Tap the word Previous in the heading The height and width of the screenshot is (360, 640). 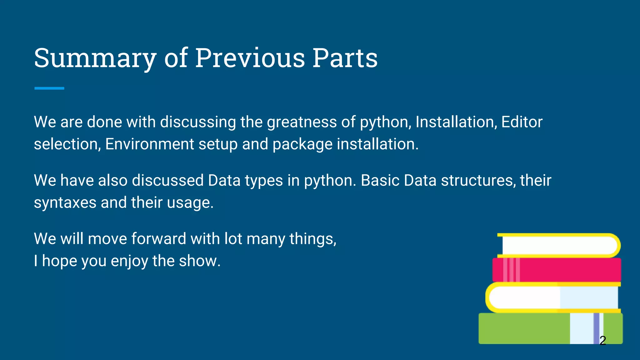pyautogui.click(x=250, y=58)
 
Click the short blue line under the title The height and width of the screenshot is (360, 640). pyautogui.click(x=49, y=88)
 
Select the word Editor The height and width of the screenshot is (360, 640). pyautogui.click(x=522, y=122)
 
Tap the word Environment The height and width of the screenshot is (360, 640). pyautogui.click(x=150, y=144)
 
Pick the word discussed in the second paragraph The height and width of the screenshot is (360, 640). pyautogui.click(x=168, y=181)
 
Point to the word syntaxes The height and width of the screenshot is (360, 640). pyautogui.click(x=65, y=203)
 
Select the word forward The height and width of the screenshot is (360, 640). pyautogui.click(x=158, y=239)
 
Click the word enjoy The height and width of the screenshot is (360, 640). pyautogui.click(x=129, y=262)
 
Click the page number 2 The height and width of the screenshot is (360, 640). pyautogui.click(x=603, y=340)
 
